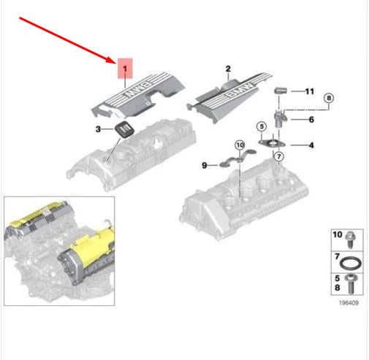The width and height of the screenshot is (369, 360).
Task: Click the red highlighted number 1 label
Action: pos(125,69)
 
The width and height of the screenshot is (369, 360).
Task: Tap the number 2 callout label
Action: pos(228,69)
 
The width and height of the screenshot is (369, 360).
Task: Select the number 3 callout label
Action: pos(98,129)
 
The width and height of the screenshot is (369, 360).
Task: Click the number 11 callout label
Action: pos(310,91)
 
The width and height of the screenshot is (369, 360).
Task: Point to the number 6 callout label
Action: pos(311,120)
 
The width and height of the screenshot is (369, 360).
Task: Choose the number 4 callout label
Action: pos(311,145)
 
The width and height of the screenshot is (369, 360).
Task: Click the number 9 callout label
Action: pos(205,166)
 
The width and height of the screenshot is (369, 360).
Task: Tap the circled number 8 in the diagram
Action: pos(329,98)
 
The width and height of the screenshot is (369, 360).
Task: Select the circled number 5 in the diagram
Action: pos(262,126)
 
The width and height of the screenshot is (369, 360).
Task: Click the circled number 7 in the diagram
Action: pos(279,156)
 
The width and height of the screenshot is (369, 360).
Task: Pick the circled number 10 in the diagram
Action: pos(240,145)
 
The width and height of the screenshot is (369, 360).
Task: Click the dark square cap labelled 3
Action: pos(125,129)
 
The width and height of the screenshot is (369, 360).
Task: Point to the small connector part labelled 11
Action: pos(281,91)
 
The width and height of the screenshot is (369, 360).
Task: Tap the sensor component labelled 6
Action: pos(280,118)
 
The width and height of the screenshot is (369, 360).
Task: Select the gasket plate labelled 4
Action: pos(272,143)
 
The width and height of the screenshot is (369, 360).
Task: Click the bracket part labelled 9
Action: pos(237,158)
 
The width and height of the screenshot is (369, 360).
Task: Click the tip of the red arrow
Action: pos(115,63)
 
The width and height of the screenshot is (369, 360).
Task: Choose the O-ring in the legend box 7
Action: pos(350,264)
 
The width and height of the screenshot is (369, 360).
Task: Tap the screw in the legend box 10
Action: pos(351,240)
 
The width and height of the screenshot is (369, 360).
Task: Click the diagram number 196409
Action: pos(349,303)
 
